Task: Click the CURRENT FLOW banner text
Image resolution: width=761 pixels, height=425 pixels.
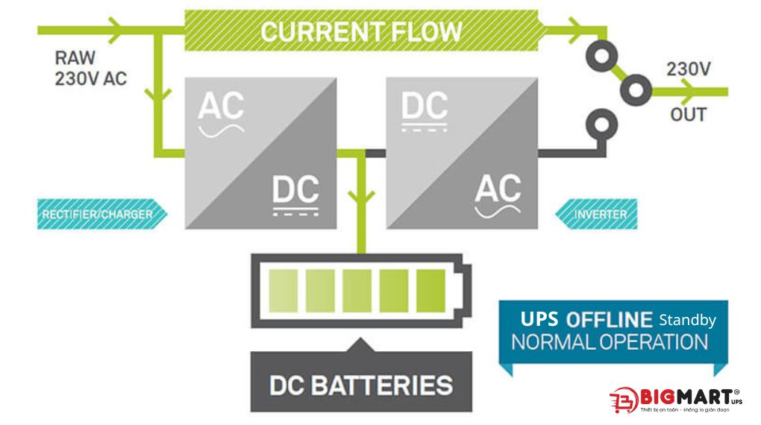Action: [x=361, y=31]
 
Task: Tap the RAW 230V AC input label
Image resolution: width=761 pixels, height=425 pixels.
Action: [x=90, y=68]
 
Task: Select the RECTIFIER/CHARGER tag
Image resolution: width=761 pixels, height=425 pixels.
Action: [x=98, y=214]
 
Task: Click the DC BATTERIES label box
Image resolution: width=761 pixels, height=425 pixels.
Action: [x=361, y=385]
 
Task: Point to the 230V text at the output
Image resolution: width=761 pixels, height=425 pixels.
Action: [x=688, y=70]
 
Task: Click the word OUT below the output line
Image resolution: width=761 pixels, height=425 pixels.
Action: [x=687, y=116]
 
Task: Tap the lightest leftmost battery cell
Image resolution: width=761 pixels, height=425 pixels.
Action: [x=284, y=291]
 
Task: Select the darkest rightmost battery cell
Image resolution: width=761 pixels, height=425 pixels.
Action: [x=430, y=291]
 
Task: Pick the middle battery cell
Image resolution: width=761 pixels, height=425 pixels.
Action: [x=357, y=291]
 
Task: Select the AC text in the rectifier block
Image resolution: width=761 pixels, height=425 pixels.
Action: [x=221, y=106]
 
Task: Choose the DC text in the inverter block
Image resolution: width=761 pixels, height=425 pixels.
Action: [x=424, y=106]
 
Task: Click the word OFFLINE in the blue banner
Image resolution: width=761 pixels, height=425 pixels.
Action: [x=609, y=320]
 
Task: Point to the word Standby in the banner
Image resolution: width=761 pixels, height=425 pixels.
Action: [x=687, y=320]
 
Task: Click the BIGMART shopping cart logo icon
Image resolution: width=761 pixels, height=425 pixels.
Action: [x=623, y=399]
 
